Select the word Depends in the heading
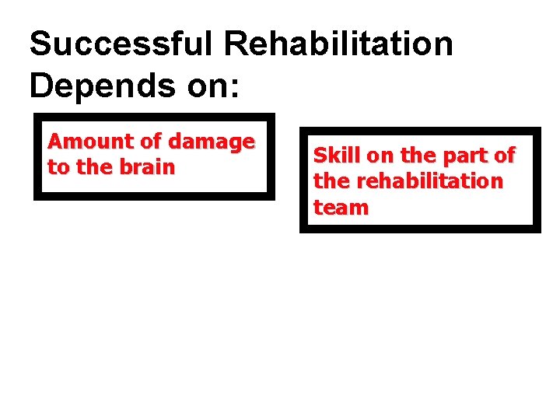point(103,86)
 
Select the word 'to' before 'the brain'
point(58,166)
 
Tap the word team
point(341,207)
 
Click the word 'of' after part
point(505,156)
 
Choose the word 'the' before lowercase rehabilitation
point(331,181)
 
